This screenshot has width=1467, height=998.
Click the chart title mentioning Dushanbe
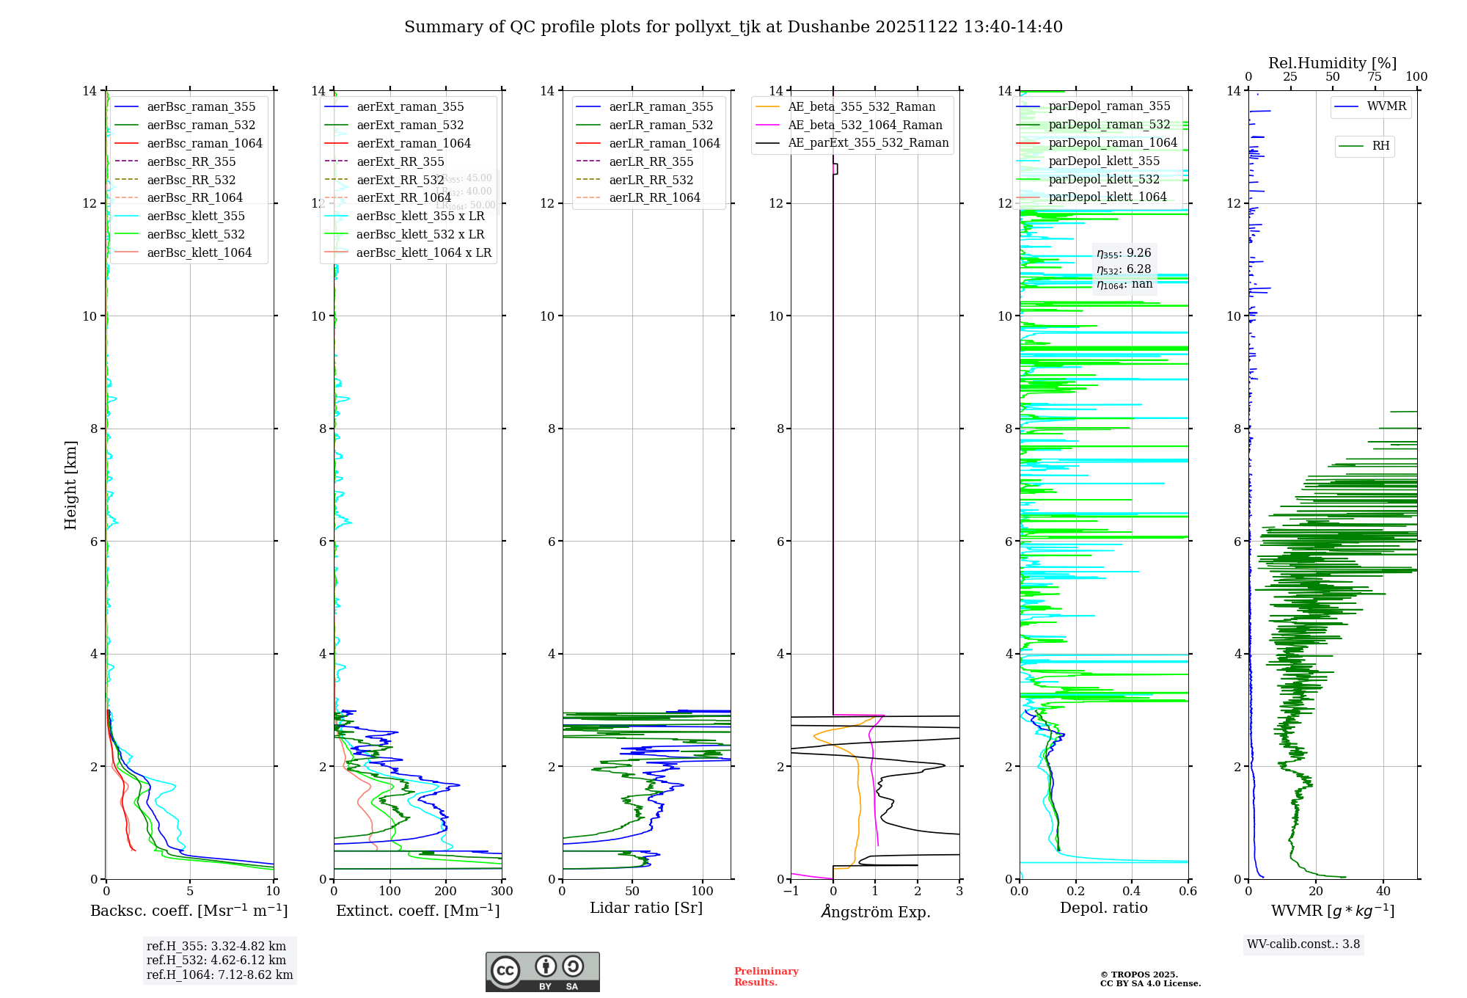point(733,27)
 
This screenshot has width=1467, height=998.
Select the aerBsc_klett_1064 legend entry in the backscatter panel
point(199,252)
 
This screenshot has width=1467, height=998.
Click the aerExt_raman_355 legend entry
point(410,107)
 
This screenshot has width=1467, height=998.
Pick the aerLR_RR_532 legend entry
point(651,180)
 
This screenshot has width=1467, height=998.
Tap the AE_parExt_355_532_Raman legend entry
point(868,143)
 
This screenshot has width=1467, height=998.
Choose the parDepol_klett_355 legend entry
point(1104,161)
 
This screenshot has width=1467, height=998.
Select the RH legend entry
point(1380,146)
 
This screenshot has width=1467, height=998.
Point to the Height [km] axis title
point(70,484)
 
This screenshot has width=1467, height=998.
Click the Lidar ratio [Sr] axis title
point(646,908)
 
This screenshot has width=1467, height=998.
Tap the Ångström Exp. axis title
point(876,912)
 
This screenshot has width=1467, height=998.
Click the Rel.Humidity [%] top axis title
point(1332,63)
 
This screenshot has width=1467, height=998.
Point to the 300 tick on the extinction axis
point(502,892)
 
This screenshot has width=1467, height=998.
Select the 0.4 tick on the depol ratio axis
point(1132,892)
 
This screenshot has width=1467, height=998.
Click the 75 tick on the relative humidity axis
point(1375,77)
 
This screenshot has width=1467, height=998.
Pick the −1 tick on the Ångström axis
point(791,892)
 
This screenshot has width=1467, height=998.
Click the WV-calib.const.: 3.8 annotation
point(1303,944)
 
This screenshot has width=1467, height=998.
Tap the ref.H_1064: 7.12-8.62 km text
point(219,975)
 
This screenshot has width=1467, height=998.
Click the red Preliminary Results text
point(766,977)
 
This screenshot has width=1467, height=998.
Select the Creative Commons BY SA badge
point(542,972)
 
